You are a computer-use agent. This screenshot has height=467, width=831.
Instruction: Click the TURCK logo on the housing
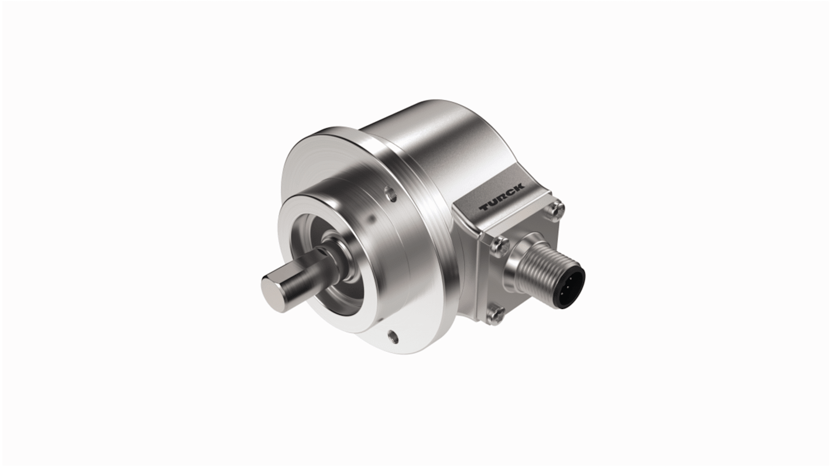pyautogui.click(x=502, y=198)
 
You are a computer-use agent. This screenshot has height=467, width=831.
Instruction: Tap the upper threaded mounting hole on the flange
pyautogui.click(x=390, y=193)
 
